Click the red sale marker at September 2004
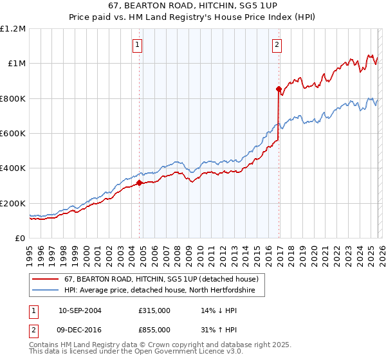pyautogui.click(x=139, y=183)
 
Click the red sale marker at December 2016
pyautogui.click(x=279, y=89)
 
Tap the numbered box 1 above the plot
pyautogui.click(x=138, y=44)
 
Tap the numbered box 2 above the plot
pyautogui.click(x=277, y=44)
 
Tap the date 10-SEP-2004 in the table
pyautogui.click(x=80, y=310)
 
